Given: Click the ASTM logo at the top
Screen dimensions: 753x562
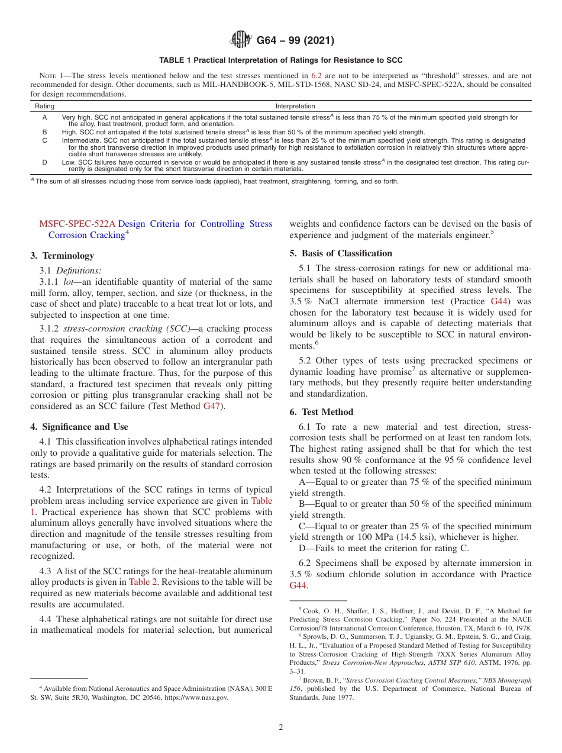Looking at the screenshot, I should pos(240,40).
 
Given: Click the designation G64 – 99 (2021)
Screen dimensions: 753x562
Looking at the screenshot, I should pos(295,41).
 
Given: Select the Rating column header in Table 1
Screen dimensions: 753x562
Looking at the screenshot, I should pos(44,106).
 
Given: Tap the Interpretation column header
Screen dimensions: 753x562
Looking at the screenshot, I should pos(295,106).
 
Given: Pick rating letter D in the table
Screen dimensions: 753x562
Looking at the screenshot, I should pos(44,162).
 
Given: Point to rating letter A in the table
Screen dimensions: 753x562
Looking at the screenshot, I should pos(44,117).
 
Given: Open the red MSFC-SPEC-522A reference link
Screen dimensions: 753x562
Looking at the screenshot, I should pos(76,224).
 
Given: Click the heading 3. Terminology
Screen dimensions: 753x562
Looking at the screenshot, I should pos(62,256).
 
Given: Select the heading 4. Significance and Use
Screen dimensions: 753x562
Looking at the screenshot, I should pos(79,427).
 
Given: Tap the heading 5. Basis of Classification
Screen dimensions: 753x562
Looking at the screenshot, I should pos(341,253).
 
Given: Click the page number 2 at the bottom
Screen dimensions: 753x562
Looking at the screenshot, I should pos(281,728).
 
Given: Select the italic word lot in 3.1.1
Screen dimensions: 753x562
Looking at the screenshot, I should pos(69,282).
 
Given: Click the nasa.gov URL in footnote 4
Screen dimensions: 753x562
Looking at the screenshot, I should pos(199,698).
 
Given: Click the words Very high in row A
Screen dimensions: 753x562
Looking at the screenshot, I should pos(76,117).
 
